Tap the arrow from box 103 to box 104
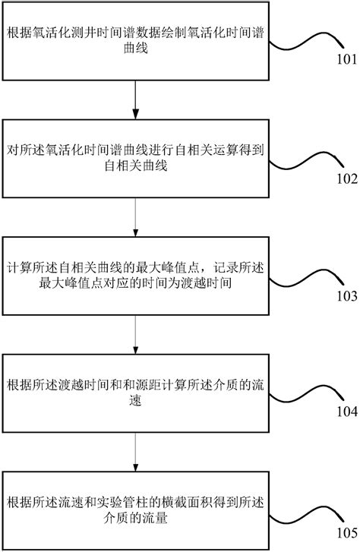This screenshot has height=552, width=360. (x=134, y=333)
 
